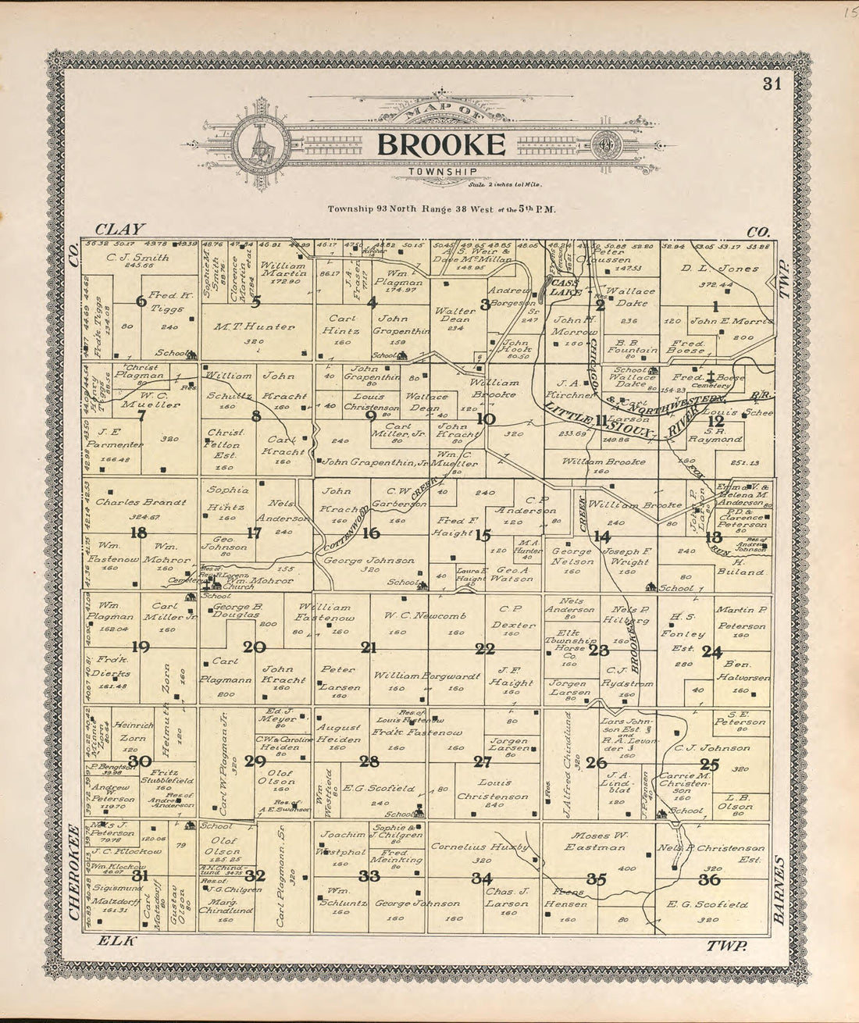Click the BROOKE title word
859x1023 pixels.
coord(440,144)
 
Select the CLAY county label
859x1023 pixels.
coord(120,229)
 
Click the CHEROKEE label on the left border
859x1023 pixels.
coord(76,874)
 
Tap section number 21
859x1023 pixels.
coord(368,647)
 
